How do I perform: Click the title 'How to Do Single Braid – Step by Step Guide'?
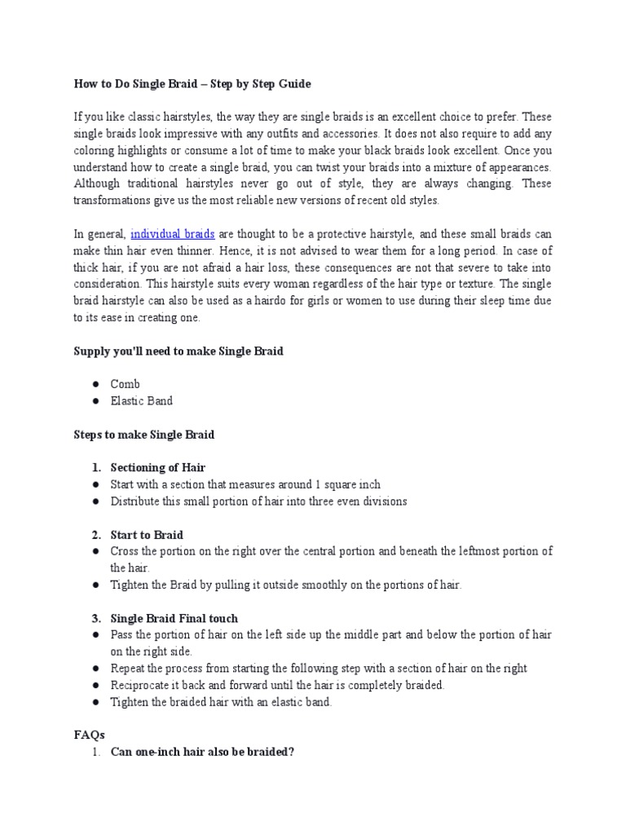click(192, 84)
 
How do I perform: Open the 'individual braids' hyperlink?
click(172, 235)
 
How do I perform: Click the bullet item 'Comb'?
click(126, 384)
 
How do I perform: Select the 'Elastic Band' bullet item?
click(142, 401)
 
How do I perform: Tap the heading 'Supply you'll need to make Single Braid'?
click(179, 351)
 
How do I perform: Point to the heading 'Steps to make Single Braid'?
click(143, 435)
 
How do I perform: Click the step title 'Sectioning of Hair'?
click(158, 468)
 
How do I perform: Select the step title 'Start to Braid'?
click(147, 535)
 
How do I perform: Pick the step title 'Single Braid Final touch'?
click(174, 619)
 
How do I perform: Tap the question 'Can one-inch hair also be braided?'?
click(202, 752)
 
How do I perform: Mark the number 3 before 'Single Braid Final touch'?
click(95, 619)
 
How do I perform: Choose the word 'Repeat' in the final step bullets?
click(128, 669)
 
